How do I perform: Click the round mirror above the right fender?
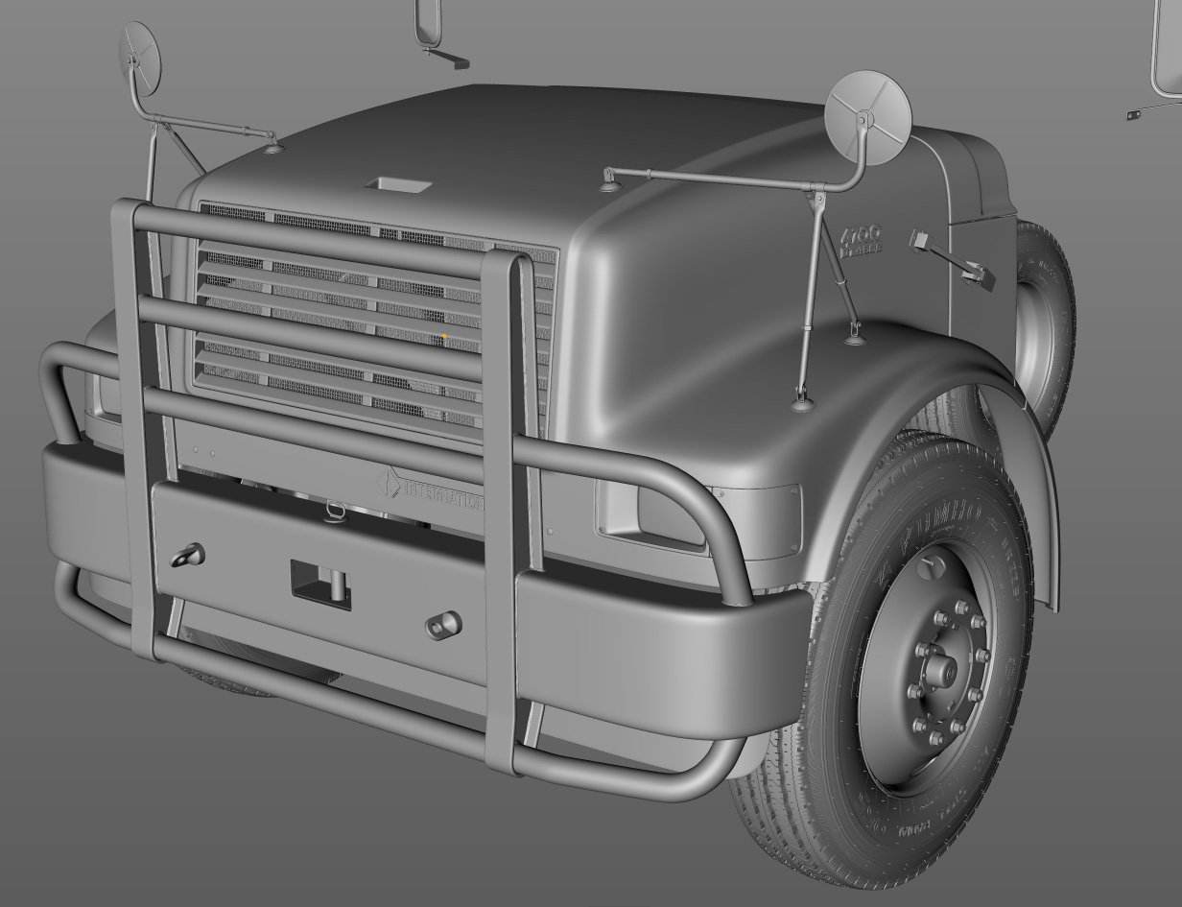(867, 116)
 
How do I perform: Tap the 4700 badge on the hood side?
(862, 239)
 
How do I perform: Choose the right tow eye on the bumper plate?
(442, 625)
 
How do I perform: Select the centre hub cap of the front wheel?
(941, 672)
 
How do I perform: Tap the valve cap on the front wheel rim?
(927, 567)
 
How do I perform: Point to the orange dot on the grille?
(444, 336)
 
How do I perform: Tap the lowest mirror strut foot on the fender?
(802, 403)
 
